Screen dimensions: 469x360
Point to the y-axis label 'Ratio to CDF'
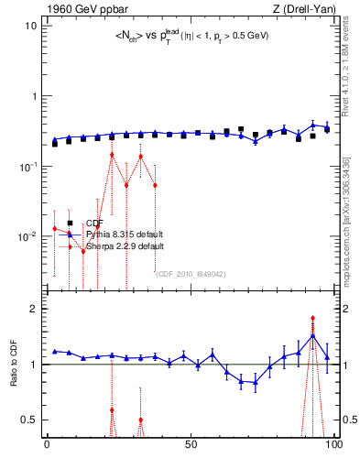click(x=14, y=378)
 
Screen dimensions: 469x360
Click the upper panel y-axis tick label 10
click(x=31, y=26)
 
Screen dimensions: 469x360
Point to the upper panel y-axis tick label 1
click(x=34, y=96)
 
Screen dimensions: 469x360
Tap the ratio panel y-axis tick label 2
click(x=34, y=309)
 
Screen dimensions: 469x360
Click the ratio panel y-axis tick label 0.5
click(x=29, y=420)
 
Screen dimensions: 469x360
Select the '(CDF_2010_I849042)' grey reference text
click(x=191, y=273)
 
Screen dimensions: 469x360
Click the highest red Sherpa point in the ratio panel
click(x=312, y=318)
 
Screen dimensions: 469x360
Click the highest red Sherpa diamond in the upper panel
click(x=112, y=155)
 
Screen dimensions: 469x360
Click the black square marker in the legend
click(x=70, y=223)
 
